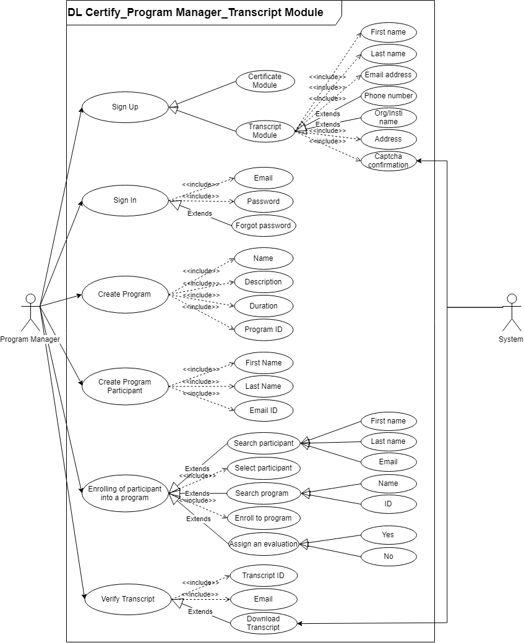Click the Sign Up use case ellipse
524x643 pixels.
pos(125,107)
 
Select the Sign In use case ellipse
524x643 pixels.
pos(125,200)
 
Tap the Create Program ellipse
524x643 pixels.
pos(124,294)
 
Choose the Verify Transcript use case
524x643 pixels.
pos(127,598)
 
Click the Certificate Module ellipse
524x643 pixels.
pos(265,81)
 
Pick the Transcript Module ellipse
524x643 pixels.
pos(265,131)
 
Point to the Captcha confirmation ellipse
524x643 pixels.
pos(388,161)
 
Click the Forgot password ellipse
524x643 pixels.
pos(263,226)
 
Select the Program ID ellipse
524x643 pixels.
pos(264,330)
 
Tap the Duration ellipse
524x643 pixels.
pos(264,306)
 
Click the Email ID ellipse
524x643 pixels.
pos(264,410)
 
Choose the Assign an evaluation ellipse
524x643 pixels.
pos(264,544)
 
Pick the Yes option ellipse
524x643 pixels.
pos(388,535)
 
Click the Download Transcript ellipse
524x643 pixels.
pos(264,623)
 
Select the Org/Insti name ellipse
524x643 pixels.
pos(388,117)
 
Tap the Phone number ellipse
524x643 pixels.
pos(388,96)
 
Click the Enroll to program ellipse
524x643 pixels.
pos(264,517)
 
